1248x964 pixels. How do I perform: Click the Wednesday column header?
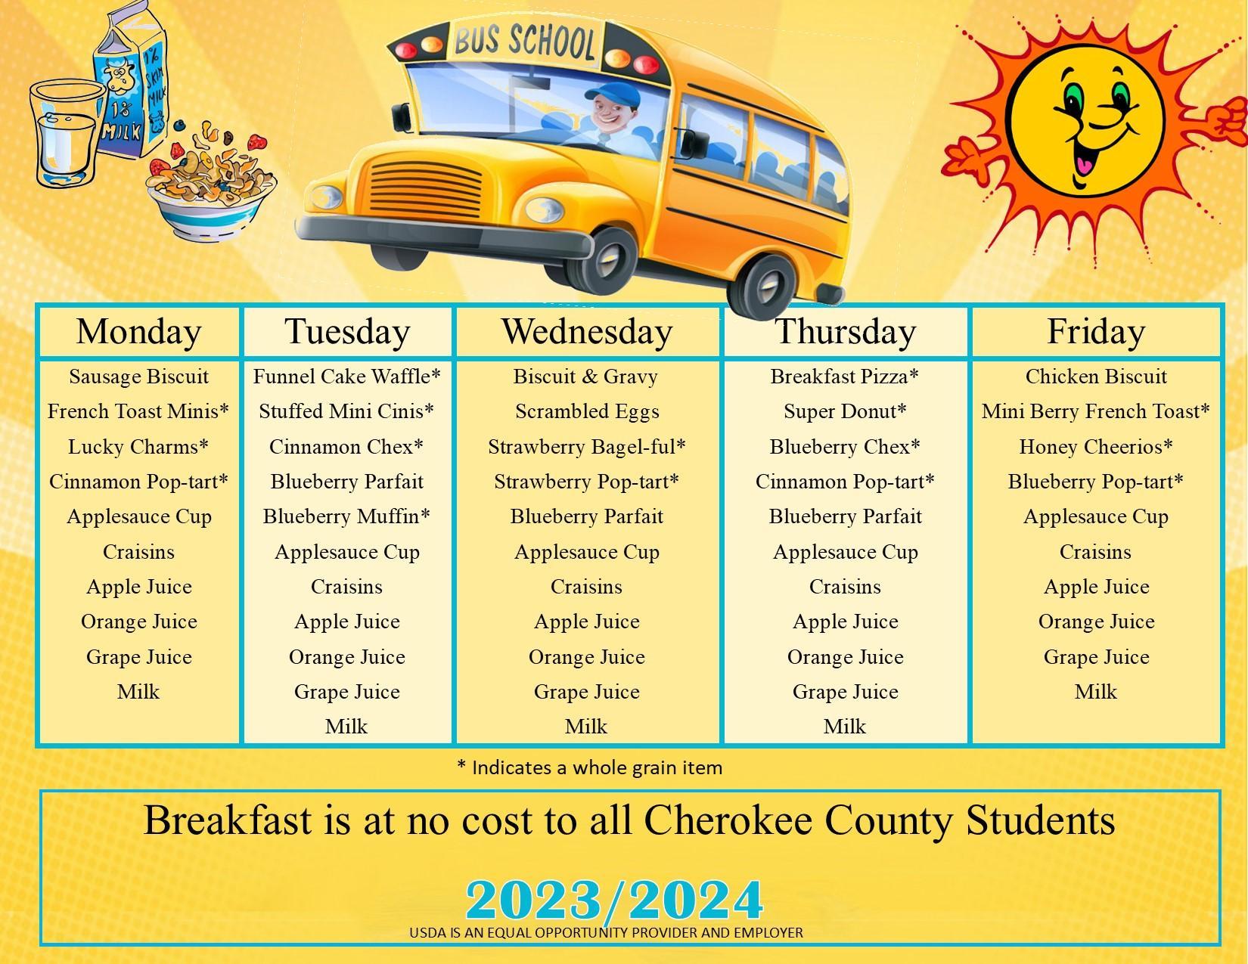point(586,332)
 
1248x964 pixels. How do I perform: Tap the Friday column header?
point(1096,332)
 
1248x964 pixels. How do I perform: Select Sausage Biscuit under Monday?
point(138,377)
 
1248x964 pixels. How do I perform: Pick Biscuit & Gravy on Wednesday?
point(585,377)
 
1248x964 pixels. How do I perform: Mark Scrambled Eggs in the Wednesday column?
point(587,411)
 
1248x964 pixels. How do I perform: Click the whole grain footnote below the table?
point(589,767)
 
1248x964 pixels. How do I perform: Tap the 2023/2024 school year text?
point(614,900)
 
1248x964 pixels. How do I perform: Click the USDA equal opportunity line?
point(606,933)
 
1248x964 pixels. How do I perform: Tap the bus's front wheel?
point(603,262)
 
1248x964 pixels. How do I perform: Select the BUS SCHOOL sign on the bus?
point(523,42)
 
